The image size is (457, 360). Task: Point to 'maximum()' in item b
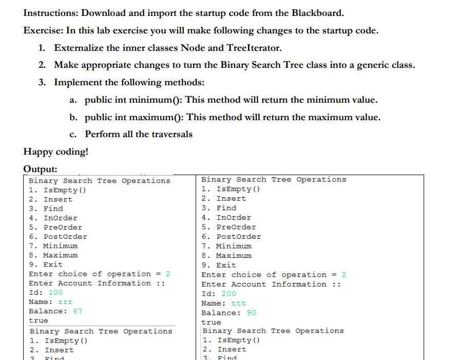[x=157, y=117]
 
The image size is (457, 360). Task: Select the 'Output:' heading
[x=41, y=169]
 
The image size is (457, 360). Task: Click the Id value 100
[x=55, y=292]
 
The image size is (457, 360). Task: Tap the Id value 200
[x=228, y=294]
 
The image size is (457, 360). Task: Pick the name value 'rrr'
[x=66, y=301]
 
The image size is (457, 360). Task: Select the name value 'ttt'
[x=239, y=303]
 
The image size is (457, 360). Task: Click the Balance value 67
[x=78, y=311]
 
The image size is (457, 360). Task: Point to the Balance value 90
[x=251, y=313]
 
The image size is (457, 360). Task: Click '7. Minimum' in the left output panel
[x=53, y=246]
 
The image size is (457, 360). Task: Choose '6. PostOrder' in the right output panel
[x=231, y=237]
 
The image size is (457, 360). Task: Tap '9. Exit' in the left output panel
[x=46, y=264]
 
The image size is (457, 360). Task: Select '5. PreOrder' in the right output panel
[x=228, y=227]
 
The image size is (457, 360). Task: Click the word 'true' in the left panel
[x=39, y=320]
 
